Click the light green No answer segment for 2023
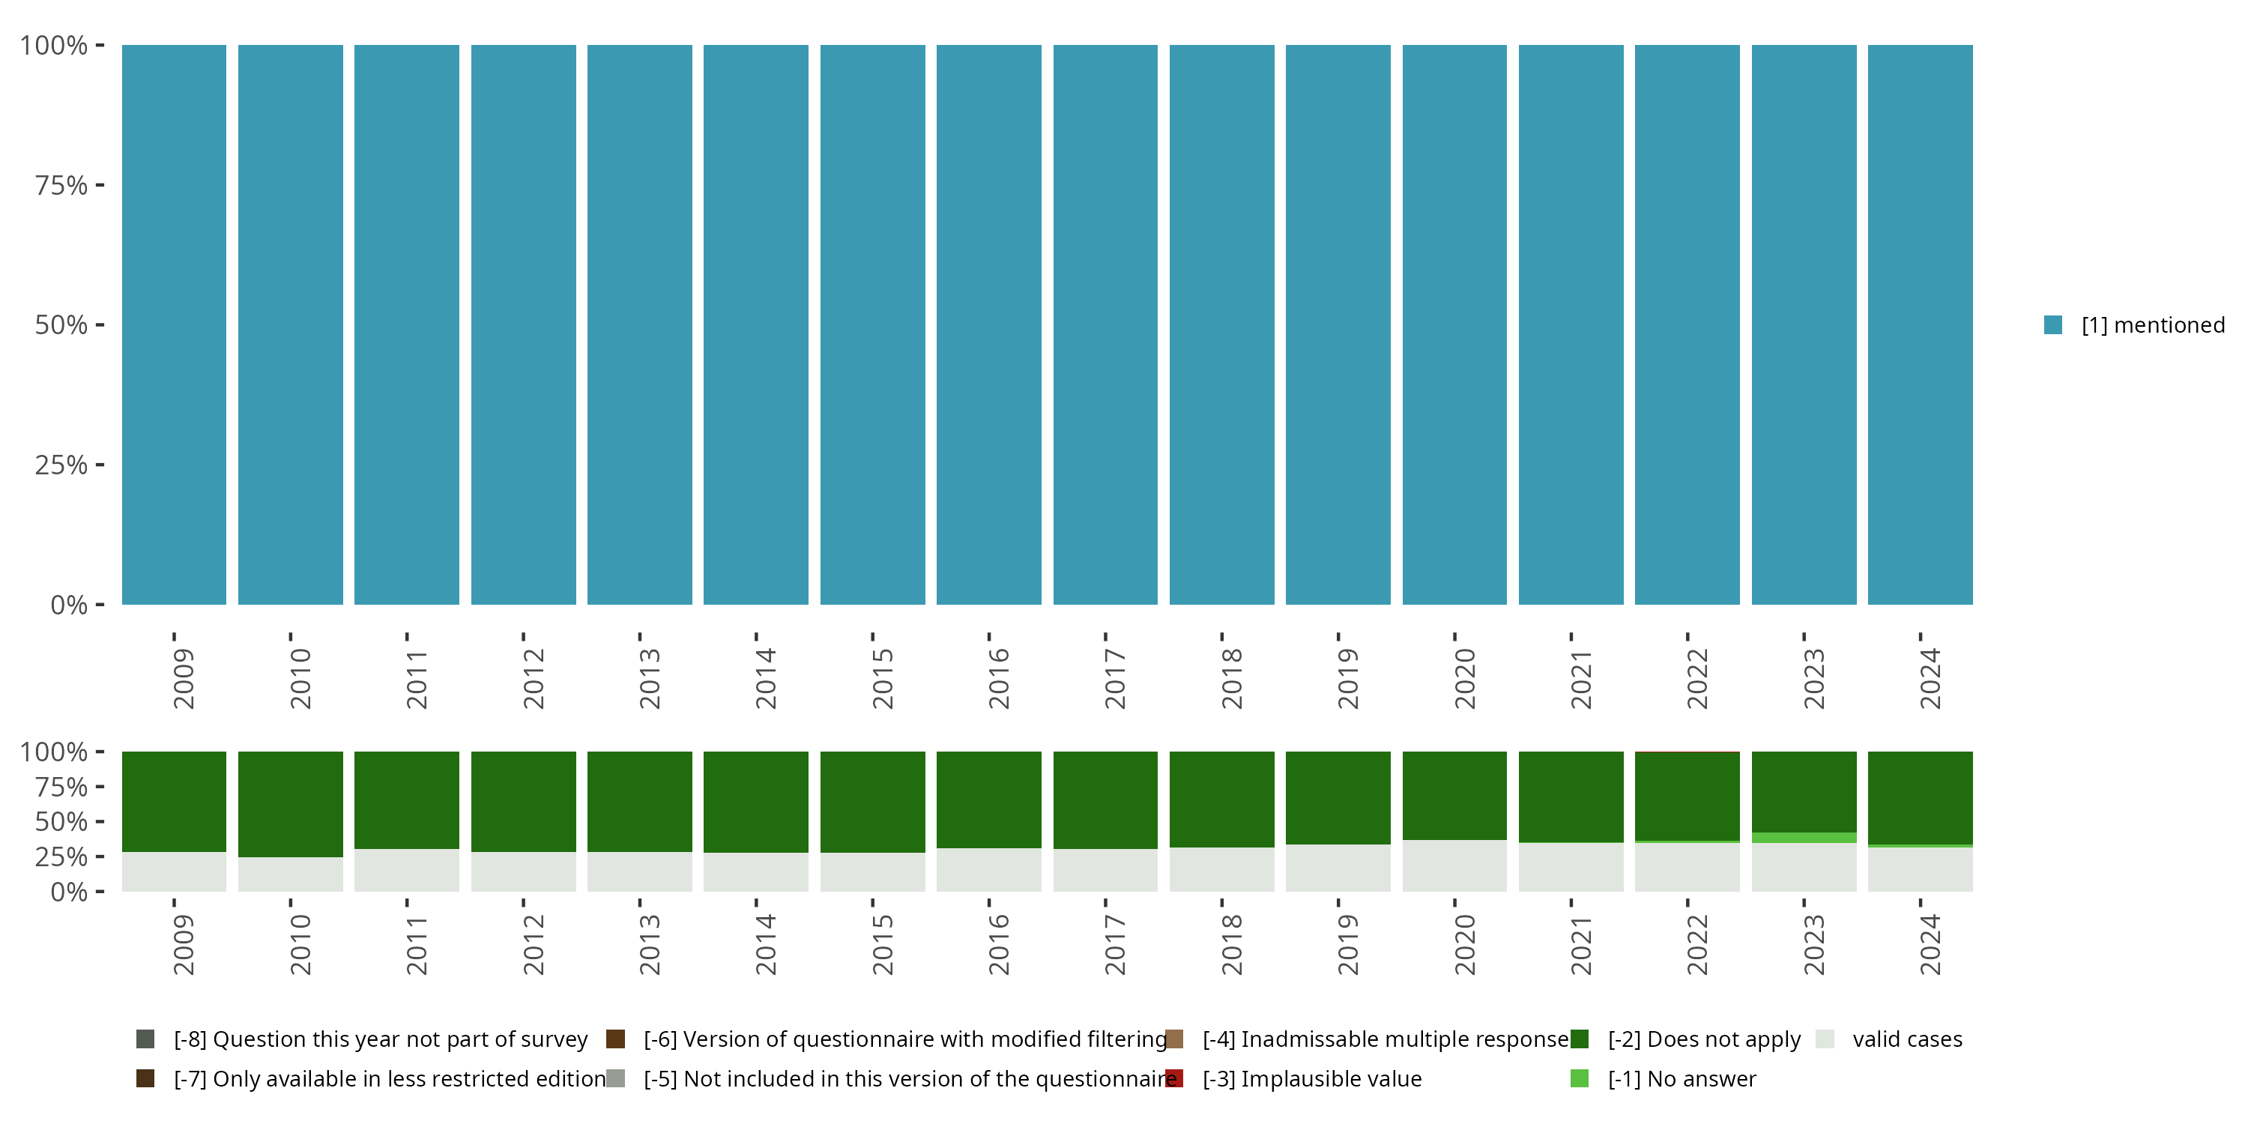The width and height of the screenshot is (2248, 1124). (x=1804, y=838)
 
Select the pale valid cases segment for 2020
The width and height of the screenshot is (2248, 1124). (x=1454, y=865)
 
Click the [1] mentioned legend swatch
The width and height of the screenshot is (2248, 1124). (x=2052, y=325)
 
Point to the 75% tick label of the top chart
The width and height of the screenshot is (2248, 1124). (x=61, y=185)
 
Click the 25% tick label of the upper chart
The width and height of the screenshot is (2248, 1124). (x=61, y=465)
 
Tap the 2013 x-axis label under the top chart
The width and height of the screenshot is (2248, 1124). (x=649, y=679)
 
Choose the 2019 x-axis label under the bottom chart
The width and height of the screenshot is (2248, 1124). (x=1347, y=945)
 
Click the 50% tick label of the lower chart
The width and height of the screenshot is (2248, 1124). (x=61, y=822)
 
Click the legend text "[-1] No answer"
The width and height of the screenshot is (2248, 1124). (x=1682, y=1078)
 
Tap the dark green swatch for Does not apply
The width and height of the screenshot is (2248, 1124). (x=1580, y=1039)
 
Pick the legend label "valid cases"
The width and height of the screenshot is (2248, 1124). (x=1907, y=1039)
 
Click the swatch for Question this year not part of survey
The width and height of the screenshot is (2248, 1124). (x=145, y=1039)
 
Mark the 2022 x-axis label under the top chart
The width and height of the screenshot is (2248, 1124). (x=1696, y=679)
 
